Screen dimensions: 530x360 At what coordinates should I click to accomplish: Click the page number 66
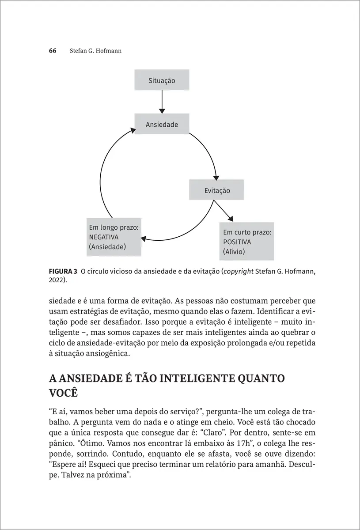point(52,51)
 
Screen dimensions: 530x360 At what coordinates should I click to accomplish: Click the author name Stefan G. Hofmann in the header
point(95,51)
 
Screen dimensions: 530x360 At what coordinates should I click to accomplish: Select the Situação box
point(162,80)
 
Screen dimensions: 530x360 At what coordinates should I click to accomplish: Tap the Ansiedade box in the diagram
point(162,125)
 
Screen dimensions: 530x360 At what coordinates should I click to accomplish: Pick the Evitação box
point(217,190)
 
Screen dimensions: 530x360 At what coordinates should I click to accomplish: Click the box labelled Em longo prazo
point(114,237)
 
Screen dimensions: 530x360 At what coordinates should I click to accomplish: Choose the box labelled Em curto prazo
point(246,242)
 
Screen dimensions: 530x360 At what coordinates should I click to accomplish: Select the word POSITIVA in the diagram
point(237,242)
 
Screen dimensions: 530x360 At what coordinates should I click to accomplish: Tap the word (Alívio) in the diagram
point(234,252)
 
